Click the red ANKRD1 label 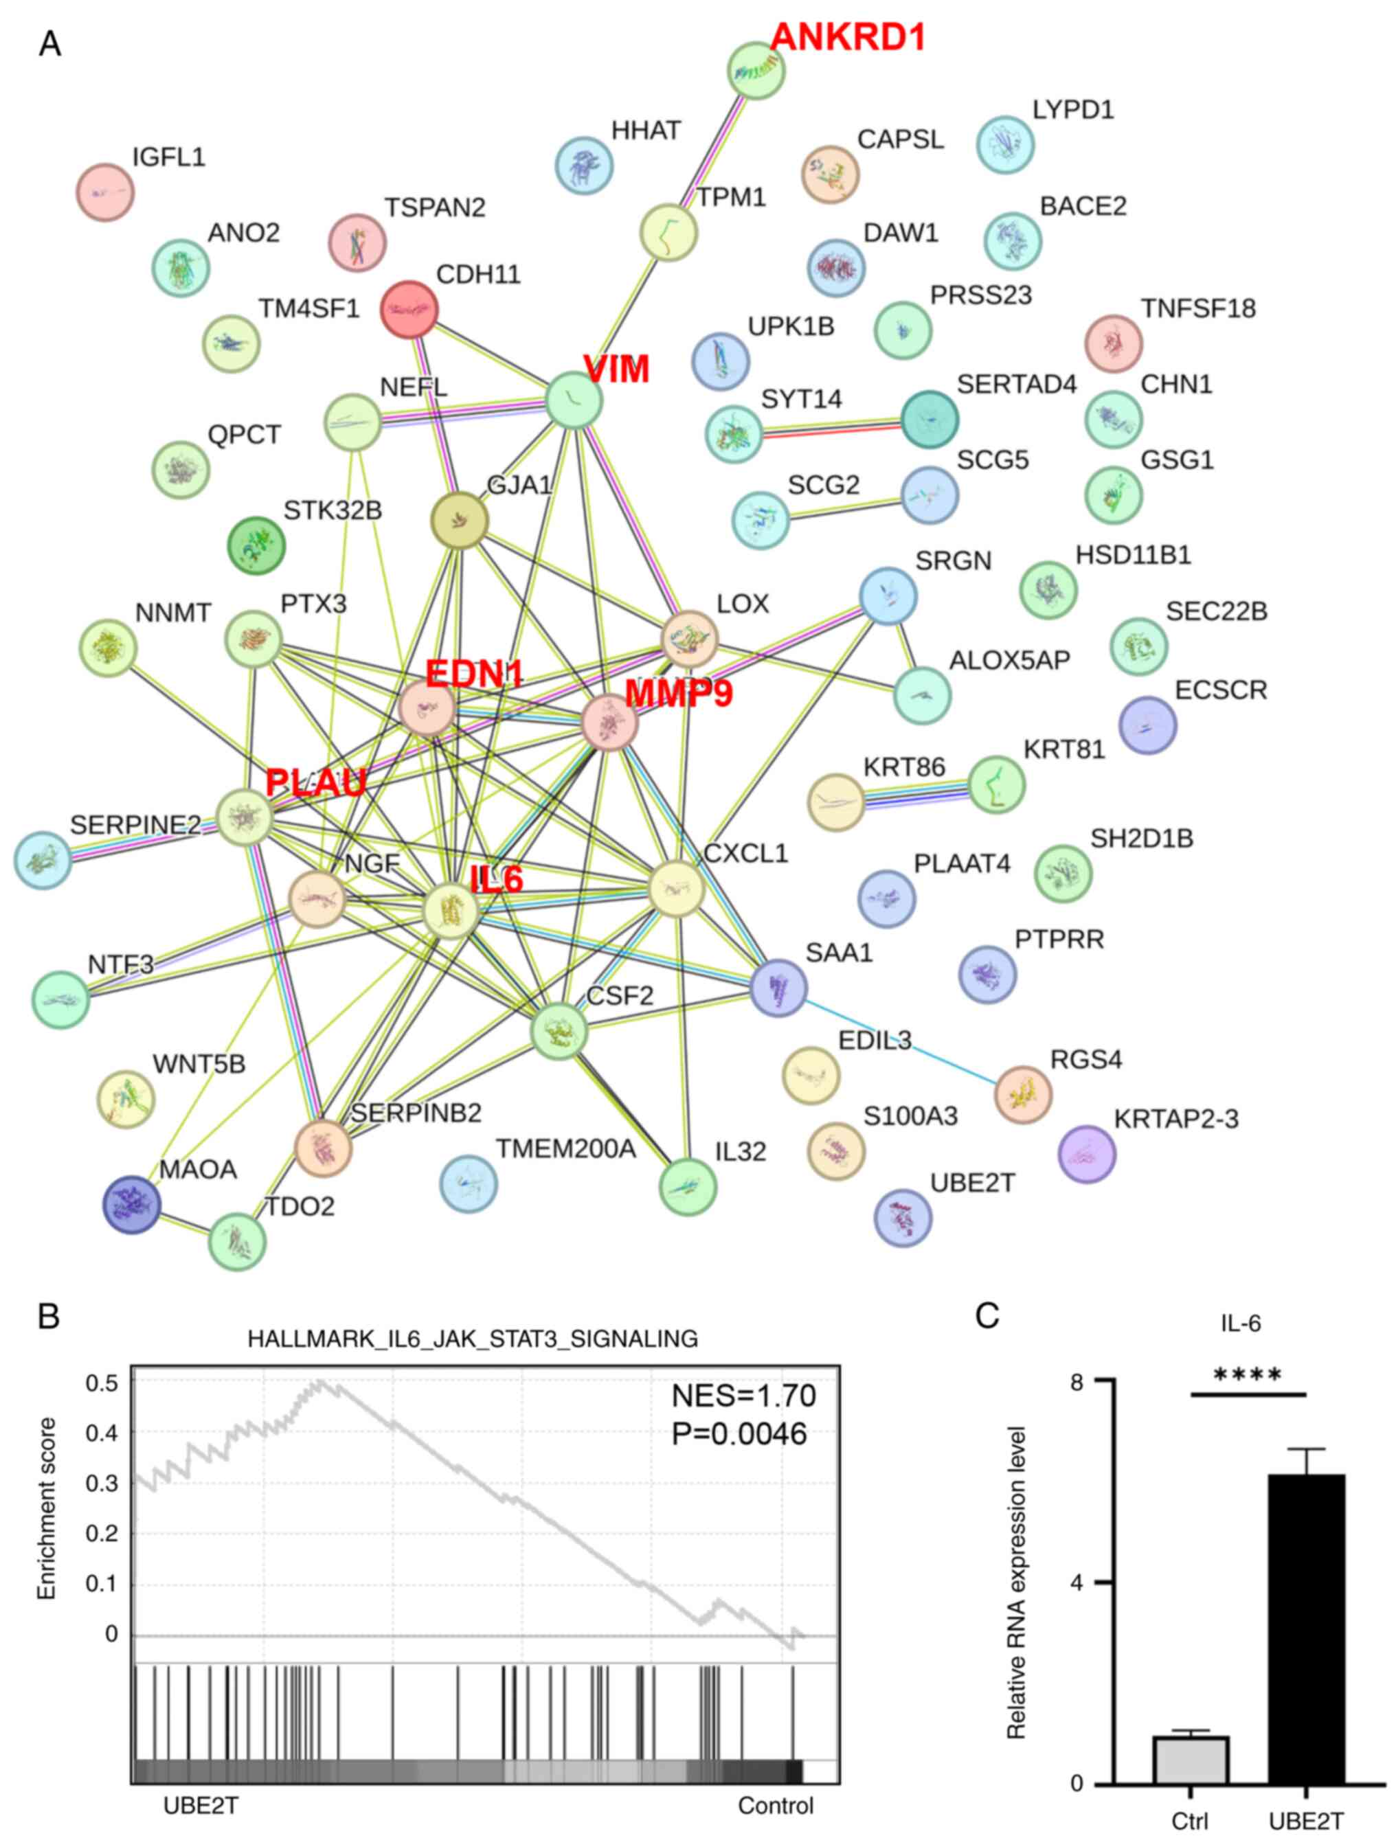848,37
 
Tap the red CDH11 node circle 409,309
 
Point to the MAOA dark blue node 131,1205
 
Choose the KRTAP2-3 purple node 1087,1154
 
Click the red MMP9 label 679,693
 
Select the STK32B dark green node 257,545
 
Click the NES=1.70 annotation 744,1396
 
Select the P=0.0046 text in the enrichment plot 739,1434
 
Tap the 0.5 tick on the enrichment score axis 102,1383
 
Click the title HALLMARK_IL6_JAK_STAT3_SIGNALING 472,1339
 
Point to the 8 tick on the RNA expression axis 1078,1382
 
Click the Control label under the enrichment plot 775,1806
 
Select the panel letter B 49,1316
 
